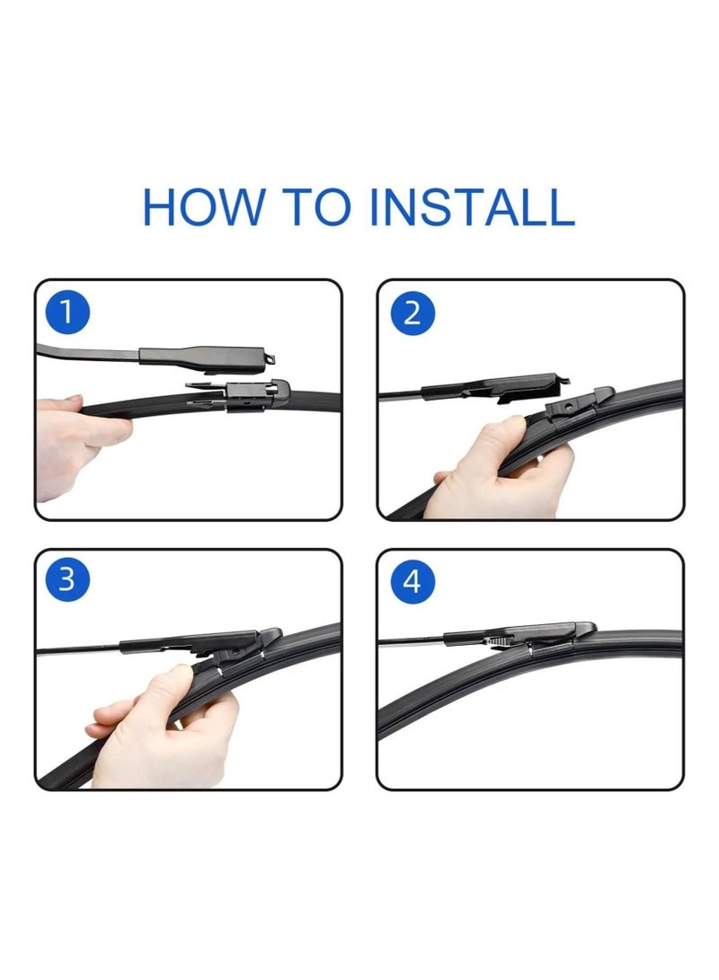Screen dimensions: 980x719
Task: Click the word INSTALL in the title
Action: tap(472, 207)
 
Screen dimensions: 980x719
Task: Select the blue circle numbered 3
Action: tap(67, 580)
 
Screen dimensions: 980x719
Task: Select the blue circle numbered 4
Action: tap(413, 580)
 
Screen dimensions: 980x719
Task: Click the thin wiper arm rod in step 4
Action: tap(409, 641)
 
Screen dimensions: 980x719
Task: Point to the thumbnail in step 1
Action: tap(73, 400)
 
